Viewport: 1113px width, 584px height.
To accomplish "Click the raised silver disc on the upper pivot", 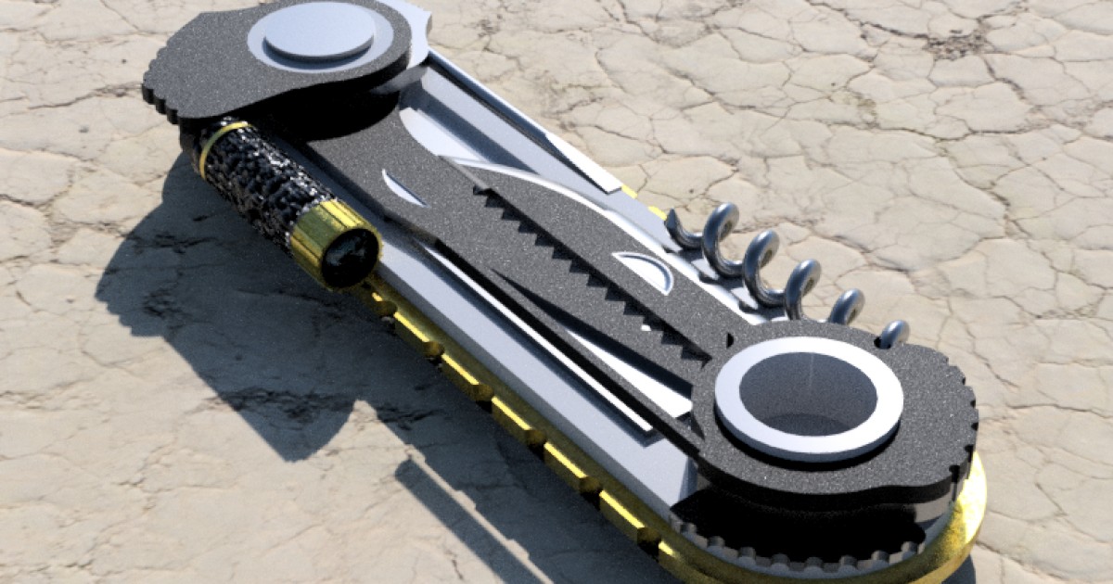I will click(319, 32).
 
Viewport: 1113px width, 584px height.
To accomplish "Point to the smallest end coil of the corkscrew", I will click(893, 333).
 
